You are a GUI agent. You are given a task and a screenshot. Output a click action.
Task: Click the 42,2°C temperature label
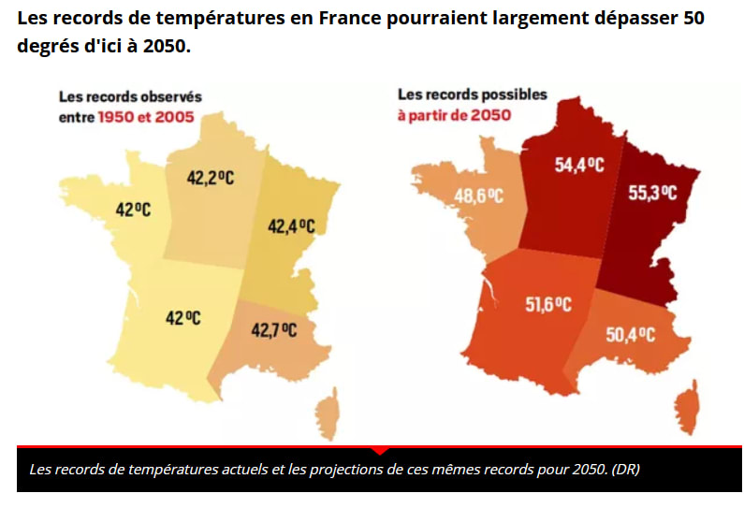[211, 178]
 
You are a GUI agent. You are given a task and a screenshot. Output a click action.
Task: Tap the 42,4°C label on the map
[291, 225]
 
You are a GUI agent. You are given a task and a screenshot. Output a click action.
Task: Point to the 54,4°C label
[580, 166]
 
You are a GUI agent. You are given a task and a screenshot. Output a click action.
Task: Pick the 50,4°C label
[630, 335]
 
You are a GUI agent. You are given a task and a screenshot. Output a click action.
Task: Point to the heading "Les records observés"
[130, 96]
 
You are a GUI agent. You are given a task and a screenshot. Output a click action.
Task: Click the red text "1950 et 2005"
[140, 117]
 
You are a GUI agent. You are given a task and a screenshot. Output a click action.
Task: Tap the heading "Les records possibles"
[473, 94]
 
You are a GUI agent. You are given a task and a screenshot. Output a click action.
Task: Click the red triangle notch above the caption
[379, 450]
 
